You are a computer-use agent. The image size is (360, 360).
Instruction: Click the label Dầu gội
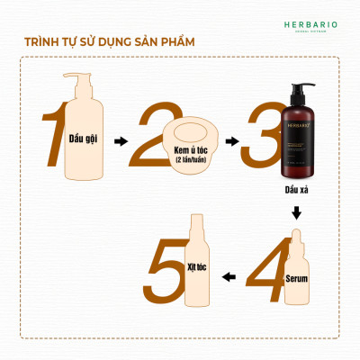(x=84, y=139)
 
